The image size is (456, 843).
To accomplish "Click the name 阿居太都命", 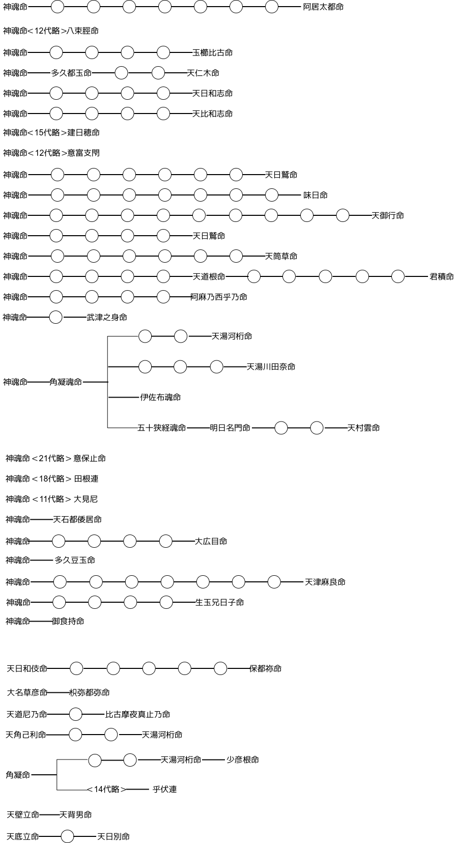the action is pyautogui.click(x=323, y=7).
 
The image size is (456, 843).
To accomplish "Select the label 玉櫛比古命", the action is pyautogui.click(x=213, y=53).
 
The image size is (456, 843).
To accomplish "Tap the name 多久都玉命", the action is pyautogui.click(x=71, y=73).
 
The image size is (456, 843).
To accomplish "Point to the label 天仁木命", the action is pyautogui.click(x=203, y=73).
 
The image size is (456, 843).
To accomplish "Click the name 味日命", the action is pyautogui.click(x=316, y=195).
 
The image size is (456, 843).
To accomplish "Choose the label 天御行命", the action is pyautogui.click(x=388, y=216).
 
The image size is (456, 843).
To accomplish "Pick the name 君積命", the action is pyautogui.click(x=442, y=276).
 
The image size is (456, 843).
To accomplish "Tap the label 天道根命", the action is pyautogui.click(x=209, y=276).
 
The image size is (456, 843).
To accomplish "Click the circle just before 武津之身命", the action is pyautogui.click(x=55, y=317).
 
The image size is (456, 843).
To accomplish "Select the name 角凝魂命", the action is pyautogui.click(x=66, y=382).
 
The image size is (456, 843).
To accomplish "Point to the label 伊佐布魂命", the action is pyautogui.click(x=161, y=398).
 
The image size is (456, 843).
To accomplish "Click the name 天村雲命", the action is pyautogui.click(x=363, y=428).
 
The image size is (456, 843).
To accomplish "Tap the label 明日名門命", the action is pyautogui.click(x=230, y=428).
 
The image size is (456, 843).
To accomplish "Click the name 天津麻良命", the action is pyautogui.click(x=325, y=582).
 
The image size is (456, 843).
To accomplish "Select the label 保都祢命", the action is pyautogui.click(x=266, y=669).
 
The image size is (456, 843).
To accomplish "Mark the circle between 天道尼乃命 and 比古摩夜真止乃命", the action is pyautogui.click(x=76, y=714).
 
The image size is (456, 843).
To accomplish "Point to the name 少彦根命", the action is pyautogui.click(x=243, y=760).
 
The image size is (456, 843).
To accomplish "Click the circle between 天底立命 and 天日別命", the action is pyautogui.click(x=67, y=836).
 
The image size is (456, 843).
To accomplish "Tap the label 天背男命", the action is pyautogui.click(x=76, y=815).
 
